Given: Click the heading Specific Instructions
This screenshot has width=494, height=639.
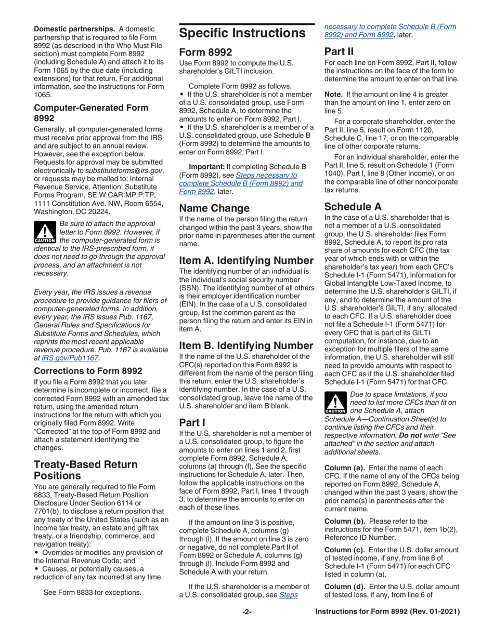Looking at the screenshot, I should [x=242, y=34].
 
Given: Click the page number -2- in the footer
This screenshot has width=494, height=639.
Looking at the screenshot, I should [x=246, y=627].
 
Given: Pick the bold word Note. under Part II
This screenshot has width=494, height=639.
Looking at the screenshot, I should [x=334, y=95].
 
